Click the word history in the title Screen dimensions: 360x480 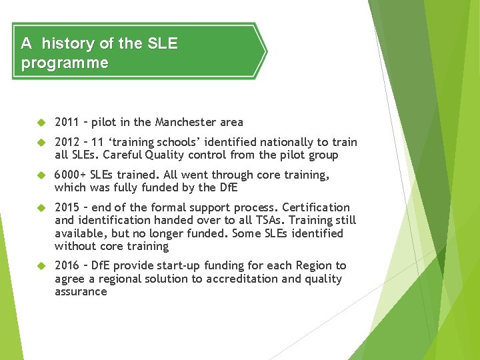click(x=67, y=44)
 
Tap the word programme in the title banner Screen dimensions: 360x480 click(x=65, y=63)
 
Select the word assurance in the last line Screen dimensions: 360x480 click(x=81, y=291)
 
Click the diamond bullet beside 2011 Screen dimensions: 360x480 click(x=40, y=122)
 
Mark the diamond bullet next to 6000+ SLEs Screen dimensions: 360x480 click(x=40, y=175)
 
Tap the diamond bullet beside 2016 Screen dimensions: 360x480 click(x=40, y=266)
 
